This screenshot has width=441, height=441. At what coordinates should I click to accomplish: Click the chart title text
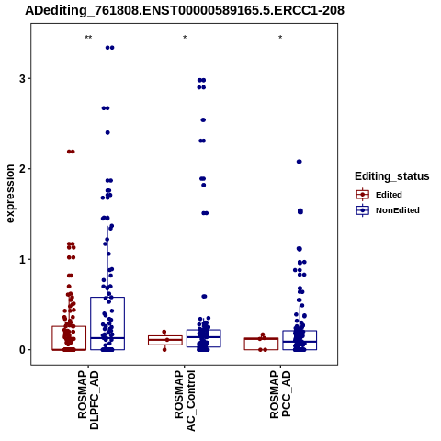[x=185, y=10]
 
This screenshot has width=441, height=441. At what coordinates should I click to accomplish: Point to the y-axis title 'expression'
[x=10, y=194]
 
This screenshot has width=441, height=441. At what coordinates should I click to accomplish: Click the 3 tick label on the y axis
[x=22, y=79]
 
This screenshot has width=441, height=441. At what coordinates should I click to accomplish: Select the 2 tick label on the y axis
[x=22, y=169]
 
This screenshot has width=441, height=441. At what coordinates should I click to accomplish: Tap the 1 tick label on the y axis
[x=22, y=259]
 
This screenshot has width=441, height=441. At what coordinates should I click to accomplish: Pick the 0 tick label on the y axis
[x=22, y=350]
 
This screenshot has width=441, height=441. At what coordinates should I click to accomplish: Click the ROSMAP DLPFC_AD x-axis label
[x=88, y=400]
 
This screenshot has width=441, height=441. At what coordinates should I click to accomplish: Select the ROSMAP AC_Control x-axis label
[x=185, y=401]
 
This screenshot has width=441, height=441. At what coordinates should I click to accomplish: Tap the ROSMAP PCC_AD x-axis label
[x=280, y=394]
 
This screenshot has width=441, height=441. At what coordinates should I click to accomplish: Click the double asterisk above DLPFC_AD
[x=88, y=38]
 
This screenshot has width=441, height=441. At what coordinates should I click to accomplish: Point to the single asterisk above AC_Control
[x=185, y=38]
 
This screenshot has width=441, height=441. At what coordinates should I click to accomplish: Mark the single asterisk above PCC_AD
[x=280, y=38]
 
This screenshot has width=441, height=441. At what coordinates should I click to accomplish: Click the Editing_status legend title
[x=392, y=176]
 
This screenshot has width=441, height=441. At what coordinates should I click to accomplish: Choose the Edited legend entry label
[x=389, y=195]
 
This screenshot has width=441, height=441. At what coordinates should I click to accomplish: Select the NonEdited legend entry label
[x=398, y=210]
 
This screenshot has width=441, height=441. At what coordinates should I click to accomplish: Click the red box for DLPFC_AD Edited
[x=69, y=326]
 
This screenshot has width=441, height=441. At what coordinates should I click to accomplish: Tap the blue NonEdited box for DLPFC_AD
[x=107, y=298]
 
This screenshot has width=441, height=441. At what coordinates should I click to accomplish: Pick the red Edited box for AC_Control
[x=165, y=336]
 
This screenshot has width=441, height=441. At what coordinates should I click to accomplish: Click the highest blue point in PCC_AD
[x=300, y=162]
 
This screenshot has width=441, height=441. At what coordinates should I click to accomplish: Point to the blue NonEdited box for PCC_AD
[x=300, y=331]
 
